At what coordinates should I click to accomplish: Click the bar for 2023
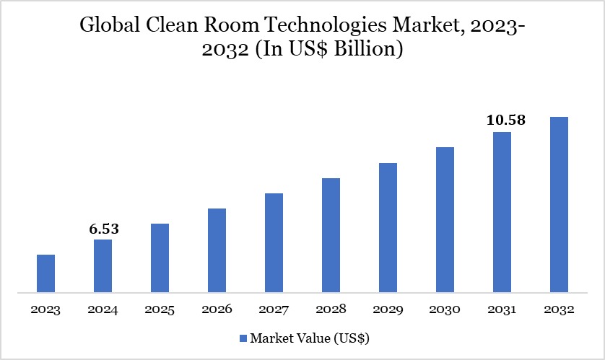tap(45, 273)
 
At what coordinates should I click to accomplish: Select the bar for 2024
tap(103, 266)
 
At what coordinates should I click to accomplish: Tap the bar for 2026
tap(217, 250)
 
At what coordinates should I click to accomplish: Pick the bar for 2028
tap(331, 235)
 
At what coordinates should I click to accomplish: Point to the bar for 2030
tap(445, 220)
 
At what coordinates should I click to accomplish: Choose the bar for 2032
tap(559, 205)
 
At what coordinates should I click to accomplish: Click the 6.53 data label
tap(103, 229)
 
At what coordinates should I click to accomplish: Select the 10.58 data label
tap(505, 120)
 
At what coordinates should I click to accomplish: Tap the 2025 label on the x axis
tap(160, 309)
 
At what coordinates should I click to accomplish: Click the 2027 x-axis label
tap(274, 309)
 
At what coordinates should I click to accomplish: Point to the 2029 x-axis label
tap(388, 309)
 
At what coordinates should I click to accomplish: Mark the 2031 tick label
tap(502, 309)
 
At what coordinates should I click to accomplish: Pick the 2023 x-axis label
tap(45, 309)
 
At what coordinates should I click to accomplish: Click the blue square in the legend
tap(243, 338)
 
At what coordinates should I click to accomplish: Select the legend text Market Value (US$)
tap(310, 338)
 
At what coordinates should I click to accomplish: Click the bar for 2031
tap(502, 212)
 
